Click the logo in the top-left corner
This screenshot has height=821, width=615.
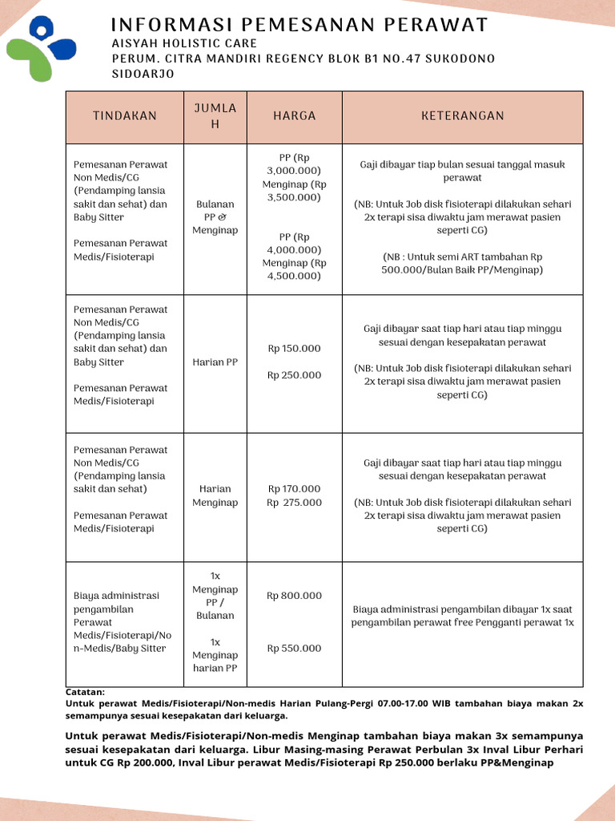(41, 49)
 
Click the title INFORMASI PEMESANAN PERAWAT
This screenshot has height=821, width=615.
(299, 25)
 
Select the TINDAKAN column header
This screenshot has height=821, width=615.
(125, 116)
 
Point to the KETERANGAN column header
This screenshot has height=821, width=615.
(463, 116)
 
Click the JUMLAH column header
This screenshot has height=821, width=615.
(215, 116)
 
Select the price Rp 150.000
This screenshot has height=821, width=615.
(295, 349)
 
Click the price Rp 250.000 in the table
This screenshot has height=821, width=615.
(295, 375)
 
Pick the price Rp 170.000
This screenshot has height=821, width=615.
(295, 489)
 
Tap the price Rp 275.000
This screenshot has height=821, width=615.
(295, 503)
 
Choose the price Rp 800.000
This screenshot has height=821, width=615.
(295, 596)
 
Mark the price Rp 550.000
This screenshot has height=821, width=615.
(295, 649)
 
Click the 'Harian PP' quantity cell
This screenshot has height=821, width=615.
(215, 362)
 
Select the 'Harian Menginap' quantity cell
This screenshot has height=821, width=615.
(215, 495)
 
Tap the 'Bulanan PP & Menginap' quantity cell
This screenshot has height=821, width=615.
(215, 217)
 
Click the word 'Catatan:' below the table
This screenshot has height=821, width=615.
(85, 691)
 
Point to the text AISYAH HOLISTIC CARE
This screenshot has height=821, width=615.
(184, 43)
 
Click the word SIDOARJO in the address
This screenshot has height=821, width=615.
(143, 74)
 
